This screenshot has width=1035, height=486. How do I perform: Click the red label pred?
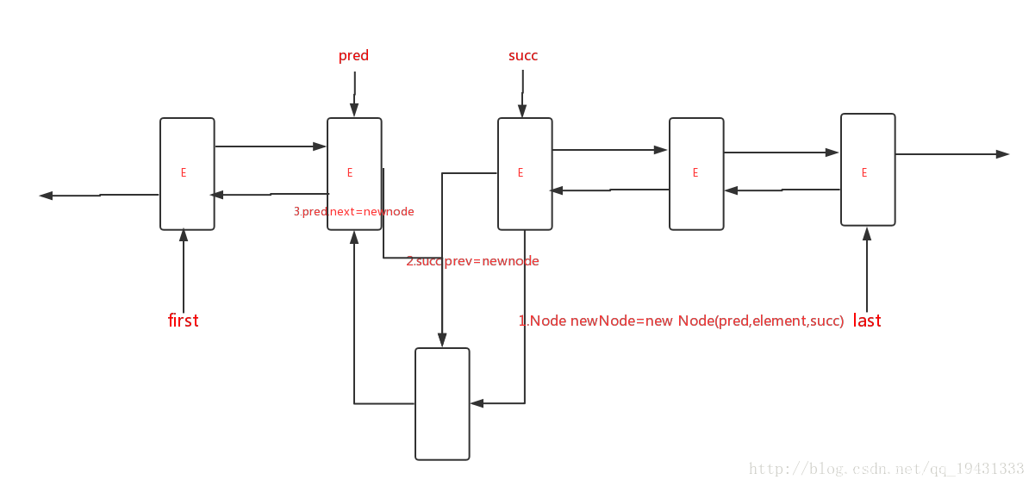tap(353, 56)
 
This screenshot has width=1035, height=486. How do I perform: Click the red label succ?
tap(523, 56)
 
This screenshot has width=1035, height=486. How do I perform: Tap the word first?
tap(183, 321)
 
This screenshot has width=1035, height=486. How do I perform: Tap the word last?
tap(867, 321)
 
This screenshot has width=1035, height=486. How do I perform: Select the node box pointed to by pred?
tap(354, 174)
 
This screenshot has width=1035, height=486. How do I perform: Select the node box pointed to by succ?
tap(525, 174)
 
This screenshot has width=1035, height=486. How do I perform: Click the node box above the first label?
tap(187, 174)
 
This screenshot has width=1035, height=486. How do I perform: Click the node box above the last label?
tap(868, 170)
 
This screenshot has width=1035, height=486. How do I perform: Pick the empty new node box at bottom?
tap(442, 403)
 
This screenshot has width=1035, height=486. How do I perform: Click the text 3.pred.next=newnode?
tap(354, 211)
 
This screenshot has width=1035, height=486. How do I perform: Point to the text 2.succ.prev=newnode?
tap(472, 261)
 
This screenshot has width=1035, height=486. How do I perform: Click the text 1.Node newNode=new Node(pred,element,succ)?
tap(681, 321)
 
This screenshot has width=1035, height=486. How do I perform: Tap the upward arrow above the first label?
tap(184, 267)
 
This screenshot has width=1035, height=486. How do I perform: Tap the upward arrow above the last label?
tap(867, 267)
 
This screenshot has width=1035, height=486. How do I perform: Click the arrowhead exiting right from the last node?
tap(1002, 154)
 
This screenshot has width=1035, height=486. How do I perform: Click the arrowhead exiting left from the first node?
tap(46, 196)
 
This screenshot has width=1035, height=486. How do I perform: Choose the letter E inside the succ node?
tap(521, 173)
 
